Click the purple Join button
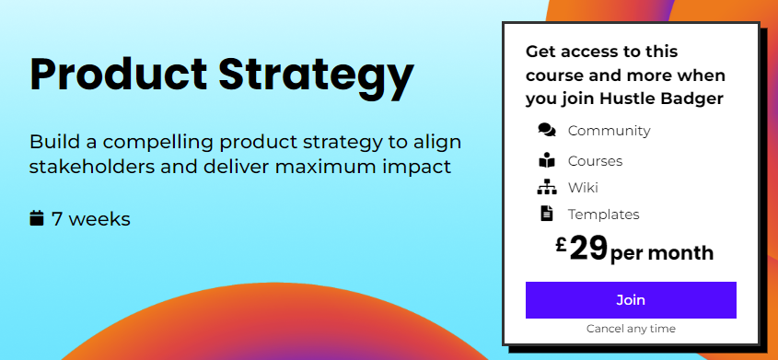(631, 300)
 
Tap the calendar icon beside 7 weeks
(37, 218)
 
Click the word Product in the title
(119, 75)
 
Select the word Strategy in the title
(316, 78)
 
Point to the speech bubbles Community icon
(547, 130)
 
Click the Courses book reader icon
(546, 160)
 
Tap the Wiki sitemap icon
(546, 188)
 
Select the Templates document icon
(546, 214)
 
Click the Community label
(609, 131)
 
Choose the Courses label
(595, 161)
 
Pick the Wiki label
(583, 188)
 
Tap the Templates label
(603, 215)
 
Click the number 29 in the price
(588, 249)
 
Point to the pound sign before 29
(561, 245)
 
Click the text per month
(662, 253)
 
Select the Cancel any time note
(631, 329)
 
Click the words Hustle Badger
(661, 99)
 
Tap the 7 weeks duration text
(91, 219)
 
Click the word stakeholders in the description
(92, 167)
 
